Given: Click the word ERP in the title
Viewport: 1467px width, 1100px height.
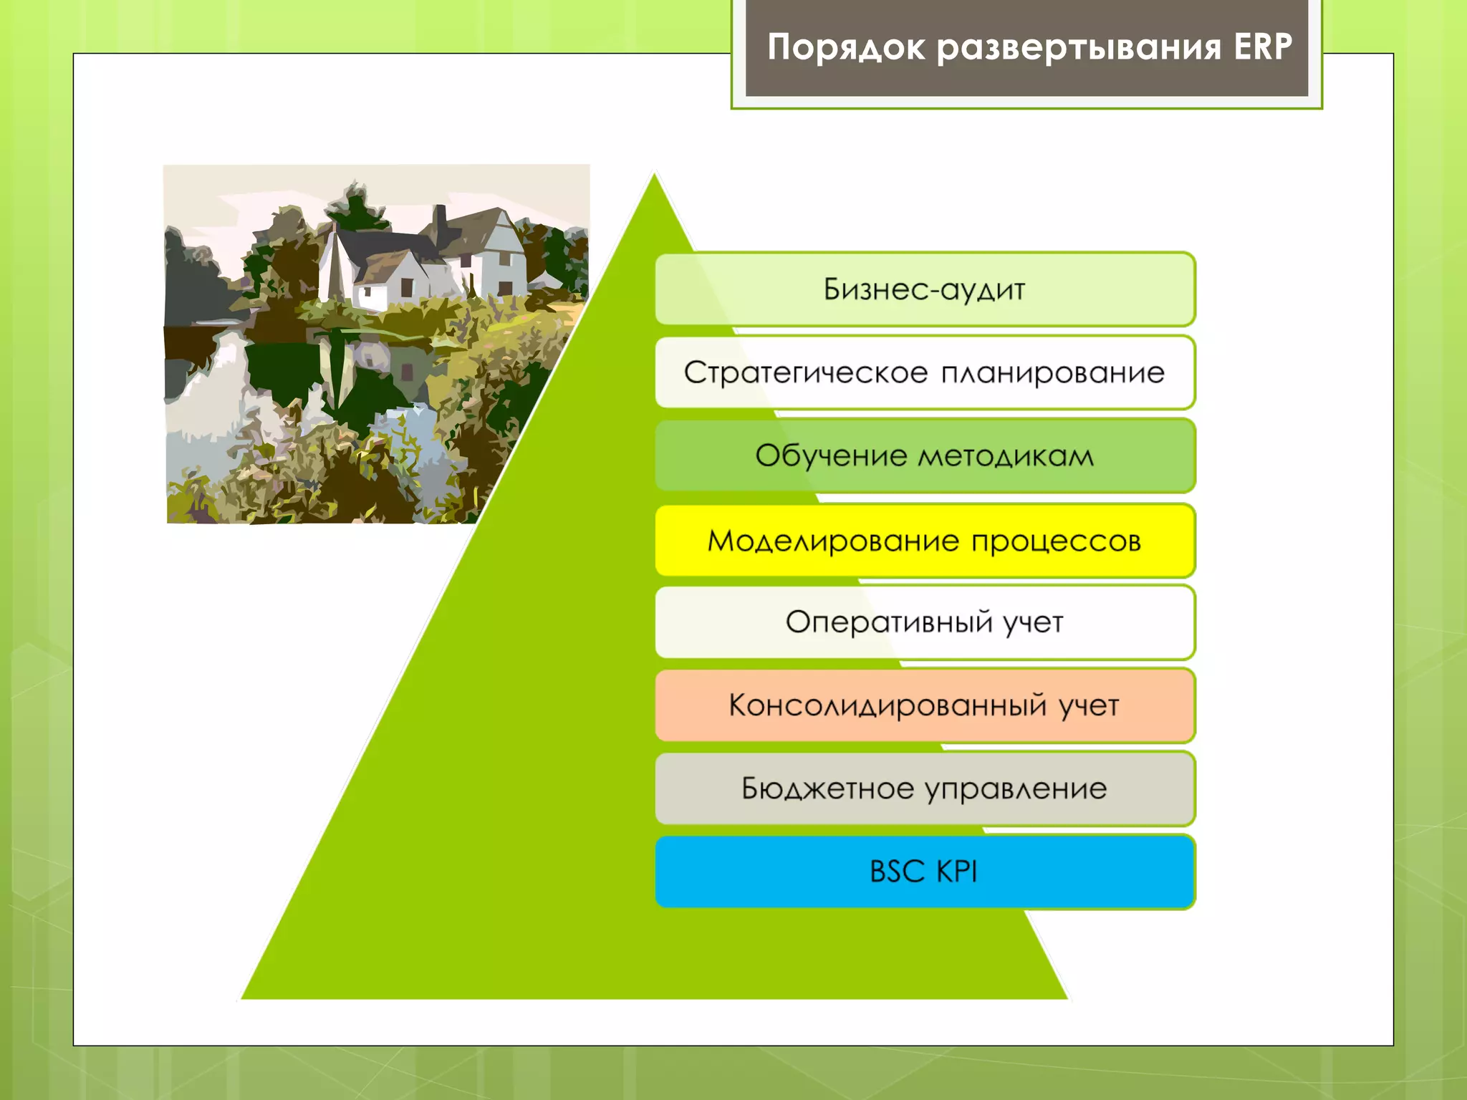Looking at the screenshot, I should tap(1262, 47).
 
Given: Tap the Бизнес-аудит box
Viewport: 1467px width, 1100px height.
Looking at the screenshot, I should tap(924, 289).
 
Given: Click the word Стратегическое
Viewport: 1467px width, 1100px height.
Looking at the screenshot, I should tap(805, 373).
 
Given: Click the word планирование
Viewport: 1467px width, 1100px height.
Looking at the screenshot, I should tap(1052, 373).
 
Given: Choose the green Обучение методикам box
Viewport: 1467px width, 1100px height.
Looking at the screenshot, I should tap(924, 456).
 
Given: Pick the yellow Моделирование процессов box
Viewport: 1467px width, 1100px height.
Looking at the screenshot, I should tap(924, 541).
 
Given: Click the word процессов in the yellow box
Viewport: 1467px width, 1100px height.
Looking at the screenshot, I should tap(1056, 541).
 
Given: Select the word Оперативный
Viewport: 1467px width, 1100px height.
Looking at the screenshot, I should tap(889, 622).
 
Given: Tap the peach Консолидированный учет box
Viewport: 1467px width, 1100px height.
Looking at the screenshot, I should tap(924, 705).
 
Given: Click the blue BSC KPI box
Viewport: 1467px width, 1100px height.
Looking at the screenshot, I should tap(924, 872).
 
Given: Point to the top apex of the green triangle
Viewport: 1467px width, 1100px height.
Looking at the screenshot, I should tap(654, 176).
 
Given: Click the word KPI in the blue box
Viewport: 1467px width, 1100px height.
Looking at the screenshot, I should tap(956, 872).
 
